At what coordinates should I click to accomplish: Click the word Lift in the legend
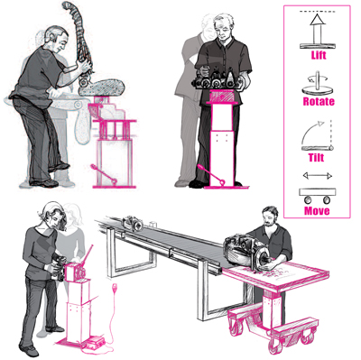point(319,55)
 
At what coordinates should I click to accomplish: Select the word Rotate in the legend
point(319,101)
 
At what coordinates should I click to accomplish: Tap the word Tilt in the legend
point(316,157)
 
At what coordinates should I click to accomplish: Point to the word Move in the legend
point(317,210)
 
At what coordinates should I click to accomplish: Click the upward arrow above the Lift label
point(318,29)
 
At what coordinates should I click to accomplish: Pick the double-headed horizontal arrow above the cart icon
point(318,176)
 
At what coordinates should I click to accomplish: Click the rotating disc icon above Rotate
point(318,85)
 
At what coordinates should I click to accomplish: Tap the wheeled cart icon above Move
point(317,196)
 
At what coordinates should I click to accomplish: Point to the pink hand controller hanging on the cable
point(116,288)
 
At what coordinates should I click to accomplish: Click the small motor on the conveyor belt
point(133,224)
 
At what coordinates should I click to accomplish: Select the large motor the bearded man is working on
point(246,251)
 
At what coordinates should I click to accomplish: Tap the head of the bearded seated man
point(270,216)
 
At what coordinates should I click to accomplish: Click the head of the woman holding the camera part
point(53,216)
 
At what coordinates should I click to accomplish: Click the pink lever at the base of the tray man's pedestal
point(210,173)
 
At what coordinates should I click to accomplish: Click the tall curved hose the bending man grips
point(79,36)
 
